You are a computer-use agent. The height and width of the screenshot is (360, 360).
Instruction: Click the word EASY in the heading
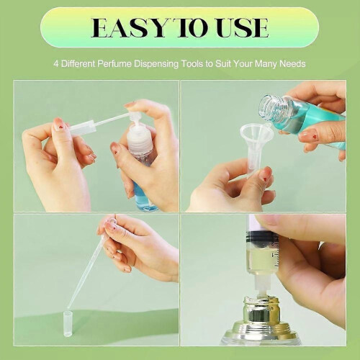click(129, 27)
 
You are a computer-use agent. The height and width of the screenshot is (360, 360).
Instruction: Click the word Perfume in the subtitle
click(114, 64)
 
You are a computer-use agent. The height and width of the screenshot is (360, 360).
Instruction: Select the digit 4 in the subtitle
click(56, 64)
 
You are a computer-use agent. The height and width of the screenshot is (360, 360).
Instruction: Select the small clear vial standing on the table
click(68, 324)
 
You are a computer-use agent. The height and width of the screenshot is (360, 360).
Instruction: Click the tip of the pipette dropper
click(68, 307)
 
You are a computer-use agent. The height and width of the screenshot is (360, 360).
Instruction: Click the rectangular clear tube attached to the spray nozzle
click(83, 128)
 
